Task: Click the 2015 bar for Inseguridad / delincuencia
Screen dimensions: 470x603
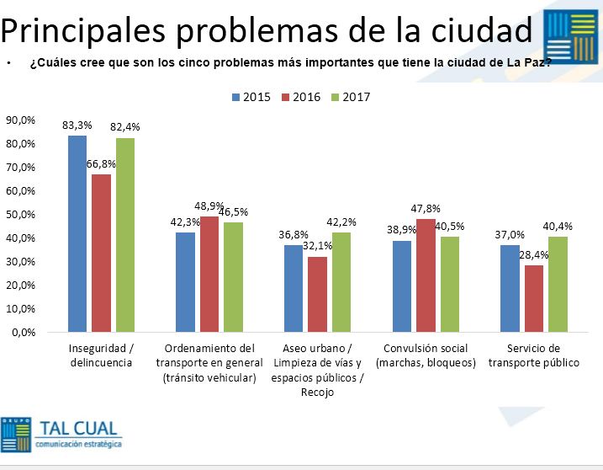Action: point(77,233)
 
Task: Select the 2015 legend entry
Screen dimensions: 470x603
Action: point(251,97)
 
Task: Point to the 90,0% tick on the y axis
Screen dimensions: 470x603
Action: point(20,120)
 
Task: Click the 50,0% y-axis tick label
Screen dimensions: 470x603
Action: point(20,215)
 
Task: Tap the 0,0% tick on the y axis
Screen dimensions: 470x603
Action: point(23,332)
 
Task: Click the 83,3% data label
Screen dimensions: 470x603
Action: point(77,126)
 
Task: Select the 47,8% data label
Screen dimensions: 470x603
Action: point(426,209)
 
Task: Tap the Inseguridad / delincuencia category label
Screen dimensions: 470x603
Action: point(102,355)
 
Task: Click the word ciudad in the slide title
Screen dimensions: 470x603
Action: point(479,30)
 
